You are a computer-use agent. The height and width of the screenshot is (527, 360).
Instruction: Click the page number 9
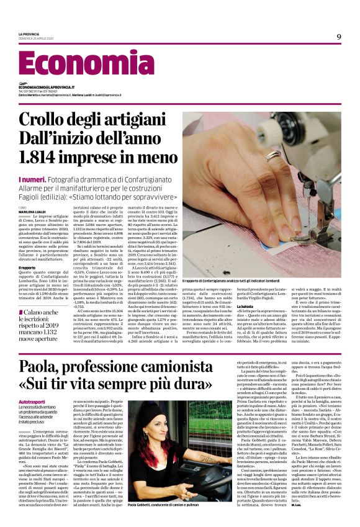tap(339, 36)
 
